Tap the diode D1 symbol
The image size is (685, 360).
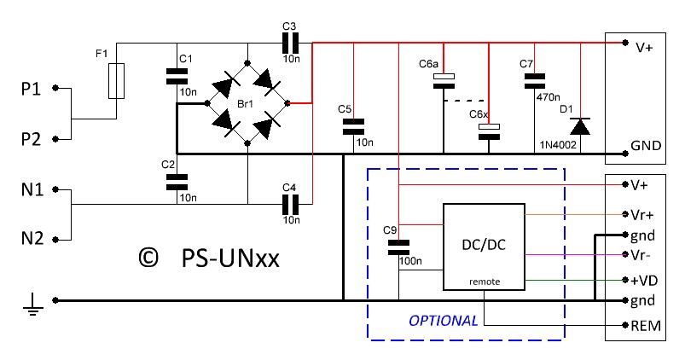(580, 126)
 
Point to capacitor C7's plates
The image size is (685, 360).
(534, 80)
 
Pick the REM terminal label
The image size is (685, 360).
(644, 325)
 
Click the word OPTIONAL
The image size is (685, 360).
(444, 321)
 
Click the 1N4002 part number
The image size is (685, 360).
(557, 146)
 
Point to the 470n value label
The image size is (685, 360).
(549, 96)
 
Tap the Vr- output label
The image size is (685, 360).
(641, 255)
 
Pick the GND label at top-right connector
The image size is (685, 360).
(646, 145)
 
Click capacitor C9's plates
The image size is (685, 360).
(398, 247)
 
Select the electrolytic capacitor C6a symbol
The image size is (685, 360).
(444, 81)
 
